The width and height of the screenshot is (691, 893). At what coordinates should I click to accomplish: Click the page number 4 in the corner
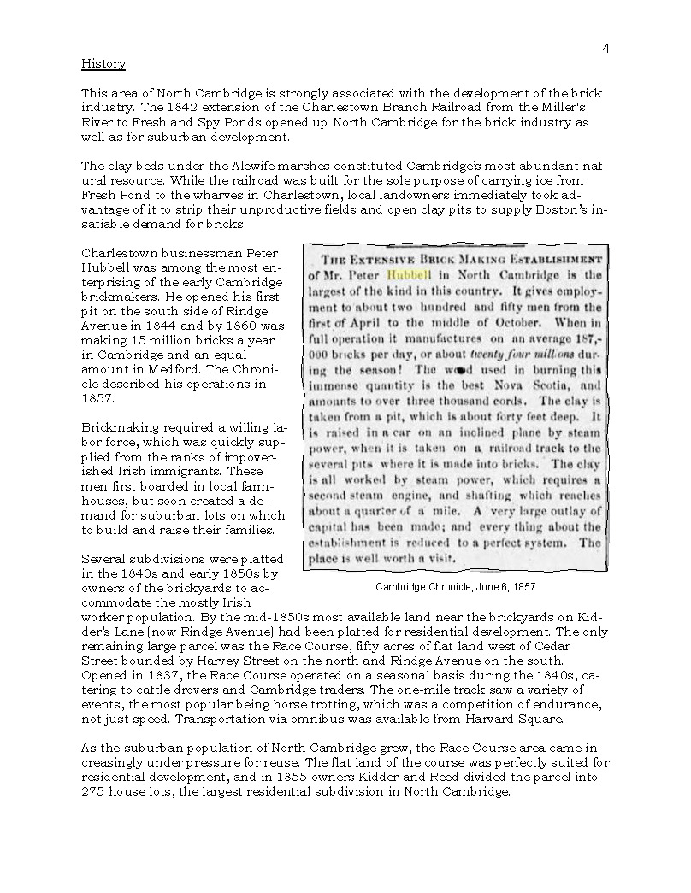[x=605, y=48]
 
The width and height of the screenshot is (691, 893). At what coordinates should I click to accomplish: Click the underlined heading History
[x=103, y=64]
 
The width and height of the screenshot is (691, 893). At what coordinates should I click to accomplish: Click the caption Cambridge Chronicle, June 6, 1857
[x=455, y=587]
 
